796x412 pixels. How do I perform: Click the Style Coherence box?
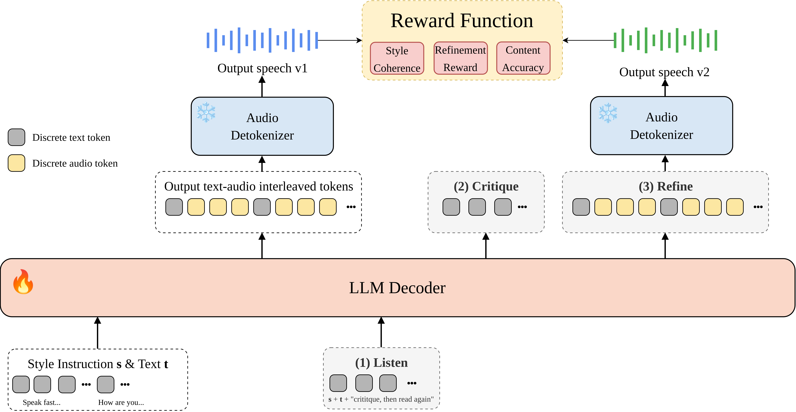tap(397, 58)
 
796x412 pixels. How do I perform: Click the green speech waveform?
tap(665, 40)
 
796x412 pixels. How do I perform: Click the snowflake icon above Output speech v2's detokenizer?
tap(608, 113)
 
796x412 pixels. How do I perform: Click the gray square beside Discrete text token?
tap(16, 137)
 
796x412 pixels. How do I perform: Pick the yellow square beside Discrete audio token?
tap(16, 163)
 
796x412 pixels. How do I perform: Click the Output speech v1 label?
tap(262, 68)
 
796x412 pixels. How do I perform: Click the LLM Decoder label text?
tap(397, 288)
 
